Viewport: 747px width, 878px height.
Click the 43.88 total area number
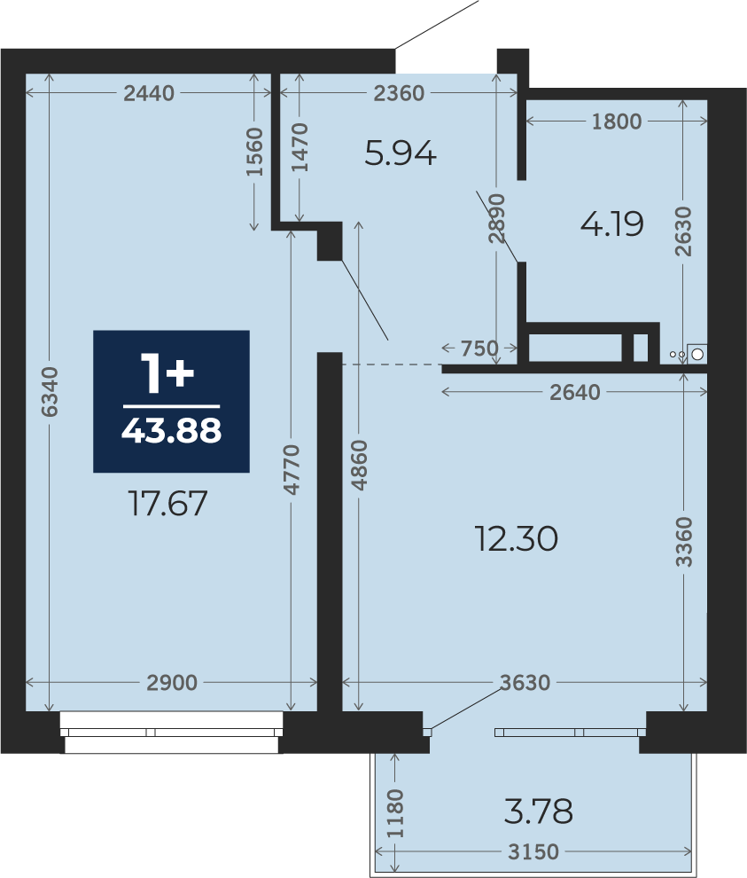click(171, 431)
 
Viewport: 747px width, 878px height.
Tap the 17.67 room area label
click(167, 503)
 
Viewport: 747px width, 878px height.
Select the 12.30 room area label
click(516, 538)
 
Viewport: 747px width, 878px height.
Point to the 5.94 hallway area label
click(400, 153)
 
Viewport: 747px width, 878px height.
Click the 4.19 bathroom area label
click(612, 224)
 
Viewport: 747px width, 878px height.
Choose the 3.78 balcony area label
click(538, 811)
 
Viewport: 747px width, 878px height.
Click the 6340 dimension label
click(50, 392)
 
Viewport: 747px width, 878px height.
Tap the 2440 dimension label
click(149, 93)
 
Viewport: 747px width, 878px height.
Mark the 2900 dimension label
click(172, 683)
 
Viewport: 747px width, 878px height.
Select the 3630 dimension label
click(525, 683)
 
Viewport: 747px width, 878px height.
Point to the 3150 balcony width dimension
click(533, 851)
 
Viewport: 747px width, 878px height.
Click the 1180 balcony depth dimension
click(395, 813)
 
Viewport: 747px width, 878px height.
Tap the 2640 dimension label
click(575, 392)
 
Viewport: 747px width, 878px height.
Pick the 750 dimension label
click(479, 349)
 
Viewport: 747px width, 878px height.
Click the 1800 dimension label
click(617, 121)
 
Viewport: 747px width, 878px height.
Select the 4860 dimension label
click(359, 466)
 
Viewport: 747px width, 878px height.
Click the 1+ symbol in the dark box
click(167, 372)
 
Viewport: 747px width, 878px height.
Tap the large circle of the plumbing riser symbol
click(697, 354)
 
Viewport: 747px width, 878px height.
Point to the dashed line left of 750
click(392, 365)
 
